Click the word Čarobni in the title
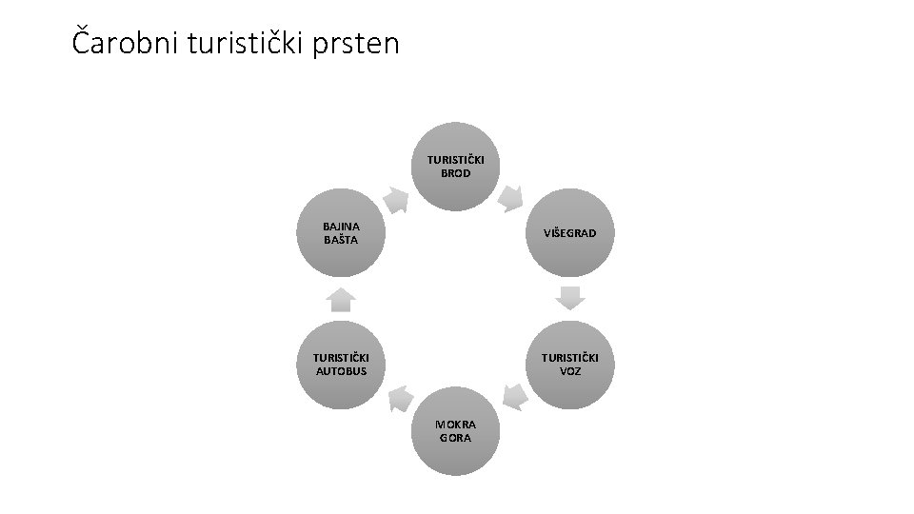(125, 42)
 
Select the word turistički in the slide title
(245, 43)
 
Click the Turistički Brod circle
(455, 167)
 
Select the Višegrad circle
(570, 232)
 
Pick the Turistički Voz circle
(570, 365)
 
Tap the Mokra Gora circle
(455, 431)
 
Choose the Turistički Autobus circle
(341, 365)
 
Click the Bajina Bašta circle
(341, 232)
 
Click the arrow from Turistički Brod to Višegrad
(510, 199)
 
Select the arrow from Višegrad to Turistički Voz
(570, 298)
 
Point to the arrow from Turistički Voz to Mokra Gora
(515, 398)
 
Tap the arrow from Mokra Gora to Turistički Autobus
(401, 399)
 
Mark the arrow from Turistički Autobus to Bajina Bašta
(341, 300)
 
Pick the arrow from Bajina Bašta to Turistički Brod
(396, 200)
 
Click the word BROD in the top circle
(455, 173)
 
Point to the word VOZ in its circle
(570, 371)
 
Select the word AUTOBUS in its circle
(341, 371)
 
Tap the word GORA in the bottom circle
(455, 438)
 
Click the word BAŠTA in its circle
(341, 239)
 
